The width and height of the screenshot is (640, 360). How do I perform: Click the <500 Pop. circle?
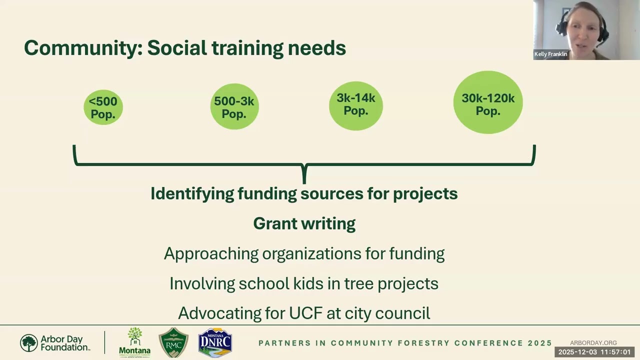click(103, 107)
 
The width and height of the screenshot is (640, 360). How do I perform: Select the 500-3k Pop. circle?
click(234, 107)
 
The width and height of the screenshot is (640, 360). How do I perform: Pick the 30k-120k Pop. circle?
click(487, 103)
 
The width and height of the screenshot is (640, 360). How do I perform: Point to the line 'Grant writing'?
click(304, 223)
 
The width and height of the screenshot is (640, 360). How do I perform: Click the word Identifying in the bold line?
click(192, 193)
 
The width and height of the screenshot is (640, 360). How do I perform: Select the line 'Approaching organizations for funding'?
click(304, 253)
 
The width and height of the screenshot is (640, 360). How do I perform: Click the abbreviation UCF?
click(305, 313)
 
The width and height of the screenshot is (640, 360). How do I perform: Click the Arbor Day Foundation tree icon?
click(29, 343)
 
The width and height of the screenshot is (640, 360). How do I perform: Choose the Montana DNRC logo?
click(214, 343)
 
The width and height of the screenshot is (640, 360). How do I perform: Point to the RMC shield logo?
click(173, 343)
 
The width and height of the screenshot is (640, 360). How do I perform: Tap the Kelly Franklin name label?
click(550, 54)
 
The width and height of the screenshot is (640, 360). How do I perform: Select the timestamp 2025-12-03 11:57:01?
click(594, 352)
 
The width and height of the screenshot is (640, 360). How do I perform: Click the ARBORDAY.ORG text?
click(593, 343)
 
